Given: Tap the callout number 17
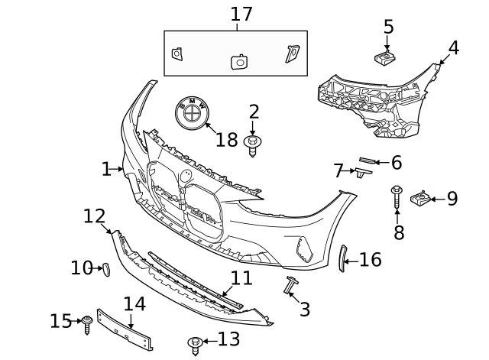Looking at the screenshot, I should [241, 14].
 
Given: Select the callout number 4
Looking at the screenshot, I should [454, 48].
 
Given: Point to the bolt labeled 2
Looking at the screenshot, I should [253, 144].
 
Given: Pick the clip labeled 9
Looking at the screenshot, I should [419, 199].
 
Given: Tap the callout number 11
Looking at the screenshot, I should [241, 278].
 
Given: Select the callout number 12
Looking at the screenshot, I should [94, 216].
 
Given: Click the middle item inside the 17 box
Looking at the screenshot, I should [238, 61].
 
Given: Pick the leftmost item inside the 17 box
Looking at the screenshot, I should [176, 54].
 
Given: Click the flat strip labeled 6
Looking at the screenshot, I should [368, 161].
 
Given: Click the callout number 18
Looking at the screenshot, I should [227, 140].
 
